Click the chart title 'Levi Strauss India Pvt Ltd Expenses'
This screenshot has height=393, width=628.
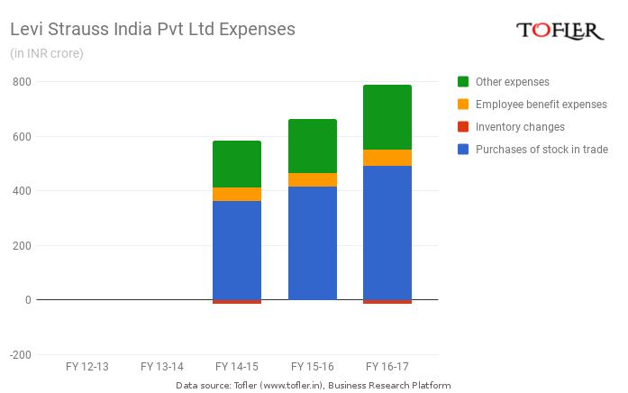pyautogui.click(x=152, y=29)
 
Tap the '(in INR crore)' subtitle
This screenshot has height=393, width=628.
pyautogui.click(x=46, y=53)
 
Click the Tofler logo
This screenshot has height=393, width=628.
pyautogui.click(x=560, y=31)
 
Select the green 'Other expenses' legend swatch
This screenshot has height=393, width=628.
pyautogui.click(x=463, y=82)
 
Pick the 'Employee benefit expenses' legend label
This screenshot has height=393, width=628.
pyautogui.click(x=541, y=105)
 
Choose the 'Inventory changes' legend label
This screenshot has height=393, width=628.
pyautogui.click(x=520, y=127)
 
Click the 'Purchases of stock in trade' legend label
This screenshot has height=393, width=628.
pyautogui.click(x=542, y=150)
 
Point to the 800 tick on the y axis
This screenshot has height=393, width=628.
pyautogui.click(x=21, y=82)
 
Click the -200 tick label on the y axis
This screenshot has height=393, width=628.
pyautogui.click(x=18, y=354)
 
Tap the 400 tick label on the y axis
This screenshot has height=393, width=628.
pyautogui.click(x=21, y=191)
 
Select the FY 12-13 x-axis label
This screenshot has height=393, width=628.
pyautogui.click(x=87, y=367)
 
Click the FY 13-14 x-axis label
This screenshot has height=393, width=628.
pyautogui.click(x=162, y=367)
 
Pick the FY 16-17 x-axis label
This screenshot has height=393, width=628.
pyautogui.click(x=387, y=367)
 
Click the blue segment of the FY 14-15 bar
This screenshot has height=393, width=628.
pyautogui.click(x=237, y=250)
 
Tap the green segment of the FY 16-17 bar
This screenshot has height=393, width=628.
pyautogui.click(x=387, y=117)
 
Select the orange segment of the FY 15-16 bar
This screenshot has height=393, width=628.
pyautogui.click(x=313, y=179)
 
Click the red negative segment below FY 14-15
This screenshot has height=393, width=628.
pyautogui.click(x=237, y=302)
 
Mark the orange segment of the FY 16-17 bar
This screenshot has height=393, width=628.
pyautogui.click(x=387, y=158)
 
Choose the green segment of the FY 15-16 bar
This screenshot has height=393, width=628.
pyautogui.click(x=313, y=146)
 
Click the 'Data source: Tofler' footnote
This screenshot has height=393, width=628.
pyautogui.click(x=313, y=385)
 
